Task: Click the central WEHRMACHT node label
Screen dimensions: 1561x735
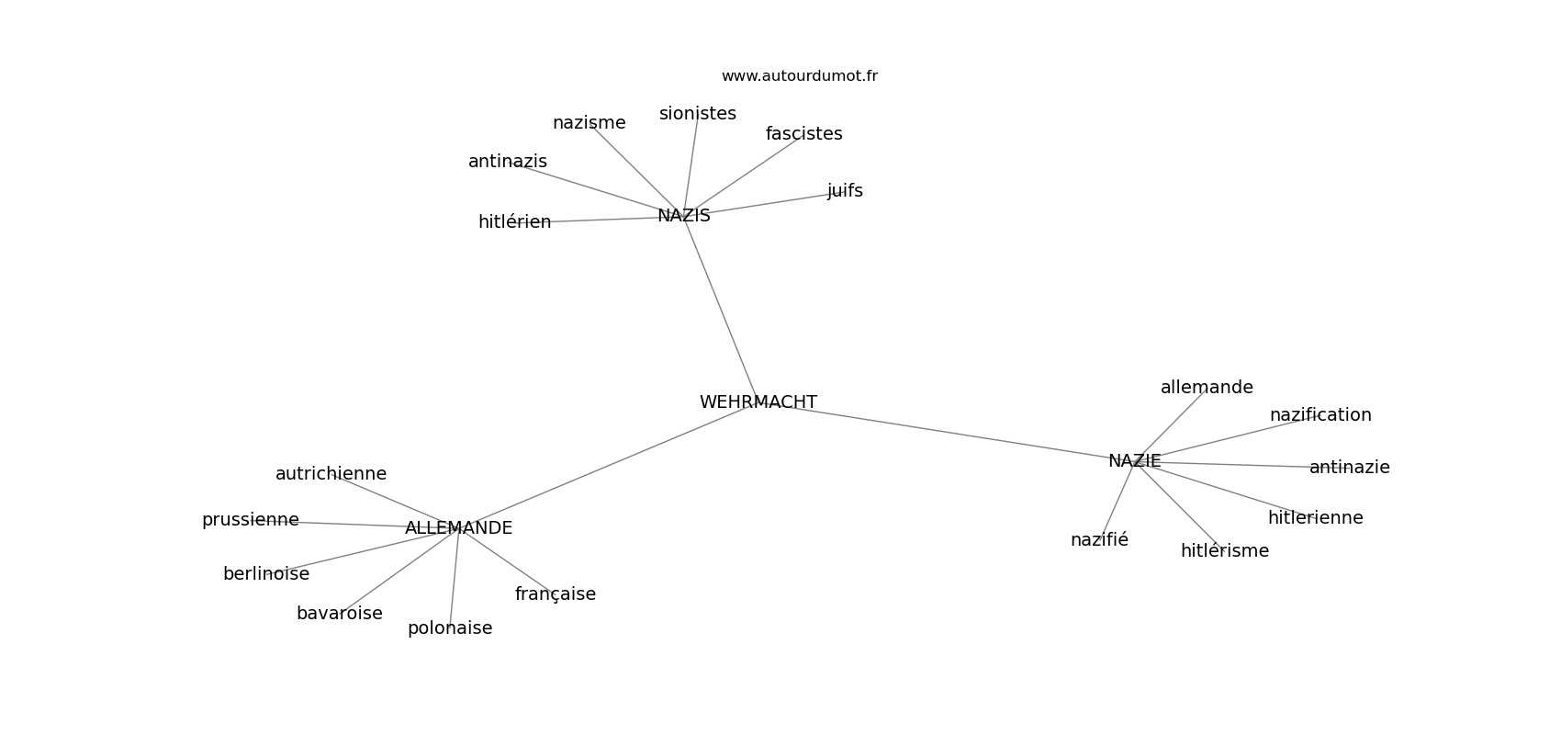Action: [758, 402]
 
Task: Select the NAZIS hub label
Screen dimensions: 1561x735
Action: [684, 216]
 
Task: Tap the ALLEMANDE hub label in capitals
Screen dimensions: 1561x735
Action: [458, 528]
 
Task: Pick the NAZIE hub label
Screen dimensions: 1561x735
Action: [1135, 461]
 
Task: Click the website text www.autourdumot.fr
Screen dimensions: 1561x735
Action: [799, 76]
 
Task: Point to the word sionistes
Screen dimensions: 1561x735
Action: [698, 114]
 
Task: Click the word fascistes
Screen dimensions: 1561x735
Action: [804, 134]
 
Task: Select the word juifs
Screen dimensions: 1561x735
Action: [846, 191]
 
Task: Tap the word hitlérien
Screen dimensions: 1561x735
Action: [515, 221]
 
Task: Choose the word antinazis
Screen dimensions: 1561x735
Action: [508, 162]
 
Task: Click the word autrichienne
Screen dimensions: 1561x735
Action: [331, 474]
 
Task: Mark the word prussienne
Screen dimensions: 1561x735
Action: [251, 520]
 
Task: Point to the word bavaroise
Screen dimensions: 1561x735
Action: [340, 614]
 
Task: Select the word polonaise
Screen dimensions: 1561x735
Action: [450, 628]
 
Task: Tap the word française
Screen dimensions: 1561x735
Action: [556, 594]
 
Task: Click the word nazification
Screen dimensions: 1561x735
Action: [1320, 415]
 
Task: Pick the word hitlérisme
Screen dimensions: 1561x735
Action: [1225, 551]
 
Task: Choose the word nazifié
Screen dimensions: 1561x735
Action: [1100, 539]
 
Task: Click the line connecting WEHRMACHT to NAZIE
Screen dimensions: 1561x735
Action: [947, 432]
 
